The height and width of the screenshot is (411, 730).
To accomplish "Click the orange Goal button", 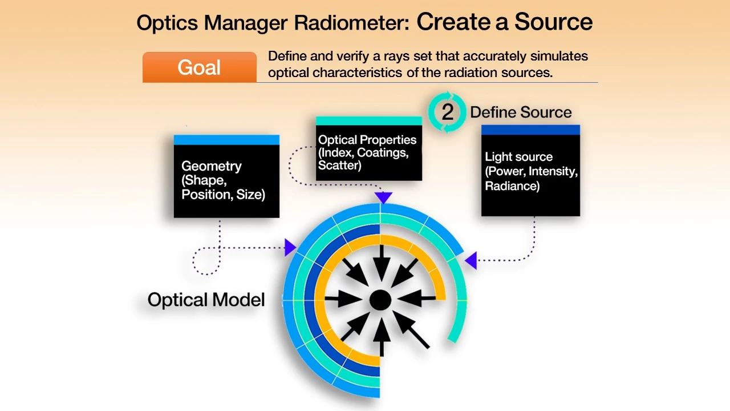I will tap(199, 67).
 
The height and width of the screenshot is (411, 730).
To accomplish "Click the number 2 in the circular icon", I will tap(448, 112).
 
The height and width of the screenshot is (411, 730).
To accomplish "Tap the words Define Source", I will tap(521, 112).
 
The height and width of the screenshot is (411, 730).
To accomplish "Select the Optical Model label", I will tap(206, 300).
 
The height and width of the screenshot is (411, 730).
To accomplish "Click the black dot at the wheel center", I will tap(380, 300).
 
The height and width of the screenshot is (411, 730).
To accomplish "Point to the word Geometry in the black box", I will tap(212, 166).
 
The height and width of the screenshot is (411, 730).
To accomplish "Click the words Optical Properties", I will tap(367, 140).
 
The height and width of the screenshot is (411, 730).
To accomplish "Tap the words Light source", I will tap(518, 157).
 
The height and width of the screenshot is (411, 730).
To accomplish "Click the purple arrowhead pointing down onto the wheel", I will tap(383, 198).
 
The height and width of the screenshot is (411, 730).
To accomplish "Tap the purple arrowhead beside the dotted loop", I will tap(290, 247).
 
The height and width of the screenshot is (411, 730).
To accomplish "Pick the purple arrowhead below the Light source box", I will tap(471, 261).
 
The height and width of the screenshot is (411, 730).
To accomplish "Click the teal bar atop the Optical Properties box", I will tap(369, 120).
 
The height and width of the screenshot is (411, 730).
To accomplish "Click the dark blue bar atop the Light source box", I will tap(530, 130).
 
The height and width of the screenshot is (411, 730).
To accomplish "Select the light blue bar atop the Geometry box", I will tap(226, 140).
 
